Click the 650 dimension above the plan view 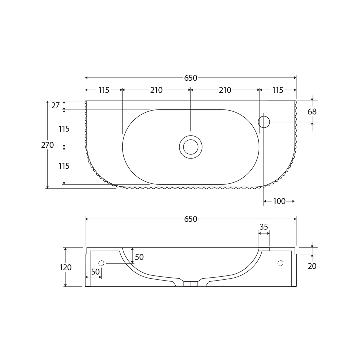190,78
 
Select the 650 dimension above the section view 190,219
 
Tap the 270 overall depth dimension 47,145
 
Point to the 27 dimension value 55,106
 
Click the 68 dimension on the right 312,112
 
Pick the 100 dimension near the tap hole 279,201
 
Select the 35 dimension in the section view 264,227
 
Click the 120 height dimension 66,267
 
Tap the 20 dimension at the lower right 312,266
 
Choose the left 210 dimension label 156,90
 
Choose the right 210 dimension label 225,90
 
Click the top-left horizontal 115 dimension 104,90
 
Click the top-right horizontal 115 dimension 277,90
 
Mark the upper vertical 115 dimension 64,129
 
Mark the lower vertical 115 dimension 64,166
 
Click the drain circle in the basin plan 191,147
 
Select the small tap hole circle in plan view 264,122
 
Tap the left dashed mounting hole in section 101,263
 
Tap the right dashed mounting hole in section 280,263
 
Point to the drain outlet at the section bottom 191,284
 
